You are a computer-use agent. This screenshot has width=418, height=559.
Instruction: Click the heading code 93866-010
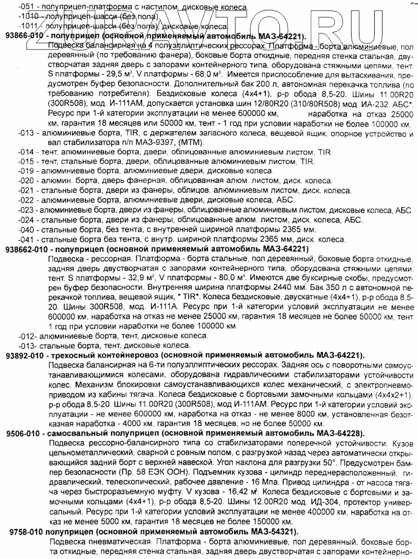click(x=25, y=37)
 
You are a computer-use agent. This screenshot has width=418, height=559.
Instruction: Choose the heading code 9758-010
click(x=28, y=531)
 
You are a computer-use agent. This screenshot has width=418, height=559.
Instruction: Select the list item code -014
click(x=25, y=151)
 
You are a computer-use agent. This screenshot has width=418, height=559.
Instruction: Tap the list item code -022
click(x=25, y=200)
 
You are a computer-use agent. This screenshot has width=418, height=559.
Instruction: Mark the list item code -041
click(x=25, y=239)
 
